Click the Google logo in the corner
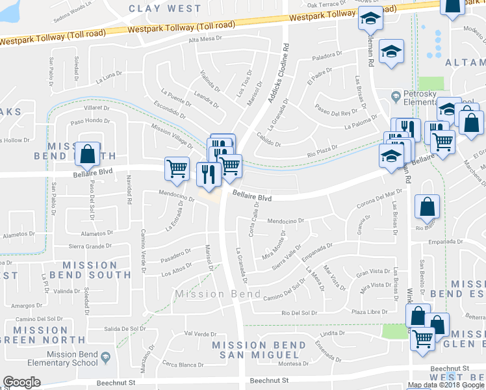22,382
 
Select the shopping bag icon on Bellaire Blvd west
88,154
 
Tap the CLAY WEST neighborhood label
165,8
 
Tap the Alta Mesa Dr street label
205,40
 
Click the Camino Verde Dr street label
142,250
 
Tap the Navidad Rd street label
129,193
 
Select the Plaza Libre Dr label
368,313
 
